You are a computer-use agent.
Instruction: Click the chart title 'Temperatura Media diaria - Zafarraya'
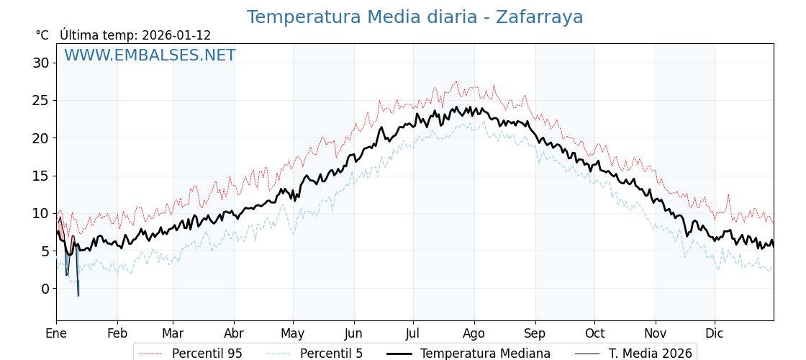click(415, 17)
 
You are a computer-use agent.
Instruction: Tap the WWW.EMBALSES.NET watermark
click(150, 55)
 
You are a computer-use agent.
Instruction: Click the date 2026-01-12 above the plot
click(176, 35)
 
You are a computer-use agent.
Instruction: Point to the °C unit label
click(42, 35)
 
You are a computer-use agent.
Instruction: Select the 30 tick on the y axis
click(40, 63)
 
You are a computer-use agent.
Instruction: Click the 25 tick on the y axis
click(40, 100)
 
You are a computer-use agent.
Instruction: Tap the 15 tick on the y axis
click(40, 176)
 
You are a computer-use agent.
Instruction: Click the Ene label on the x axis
click(56, 333)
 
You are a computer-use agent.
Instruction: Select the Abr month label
click(234, 333)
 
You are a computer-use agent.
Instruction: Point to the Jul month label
click(413, 333)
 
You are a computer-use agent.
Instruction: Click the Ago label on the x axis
click(474, 333)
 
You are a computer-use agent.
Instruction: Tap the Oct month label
click(594, 333)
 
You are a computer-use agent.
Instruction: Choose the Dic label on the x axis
click(715, 333)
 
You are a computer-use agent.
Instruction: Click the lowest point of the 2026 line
click(78, 295)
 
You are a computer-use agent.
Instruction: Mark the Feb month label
click(117, 333)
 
